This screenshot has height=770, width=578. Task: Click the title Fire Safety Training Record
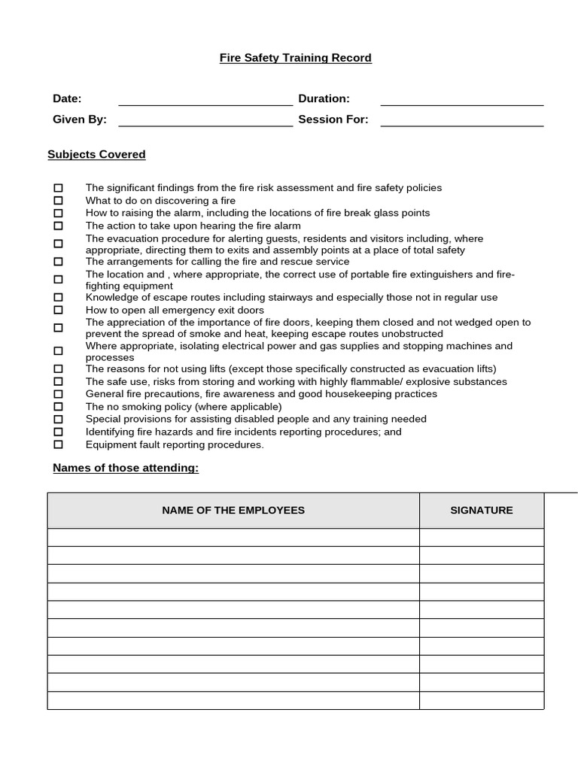point(295,58)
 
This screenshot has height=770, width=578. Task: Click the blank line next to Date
point(205,99)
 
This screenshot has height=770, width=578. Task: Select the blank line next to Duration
point(461,99)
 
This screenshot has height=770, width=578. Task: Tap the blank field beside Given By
point(205,120)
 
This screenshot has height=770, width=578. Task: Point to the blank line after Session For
point(461,120)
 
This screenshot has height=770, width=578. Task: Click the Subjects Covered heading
point(96,155)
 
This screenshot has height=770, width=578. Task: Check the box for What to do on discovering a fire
point(59,201)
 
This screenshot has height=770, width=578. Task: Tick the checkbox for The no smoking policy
point(59,407)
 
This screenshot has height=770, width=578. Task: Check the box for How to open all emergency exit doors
point(59,310)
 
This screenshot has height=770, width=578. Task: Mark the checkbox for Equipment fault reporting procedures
point(59,444)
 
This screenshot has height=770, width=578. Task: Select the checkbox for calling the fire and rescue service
point(59,262)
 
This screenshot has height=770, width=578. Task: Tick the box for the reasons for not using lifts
point(59,369)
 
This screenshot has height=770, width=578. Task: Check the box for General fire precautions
point(59,394)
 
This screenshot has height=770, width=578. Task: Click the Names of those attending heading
point(126,468)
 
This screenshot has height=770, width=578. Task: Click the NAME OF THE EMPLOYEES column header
point(233,511)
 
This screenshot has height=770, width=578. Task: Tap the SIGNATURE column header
point(482,511)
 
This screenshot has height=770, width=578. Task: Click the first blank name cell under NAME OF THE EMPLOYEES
point(233,538)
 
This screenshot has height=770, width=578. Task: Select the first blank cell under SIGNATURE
point(482,538)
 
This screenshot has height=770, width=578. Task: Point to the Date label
point(67,99)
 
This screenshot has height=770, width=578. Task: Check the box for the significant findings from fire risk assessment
point(59,188)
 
